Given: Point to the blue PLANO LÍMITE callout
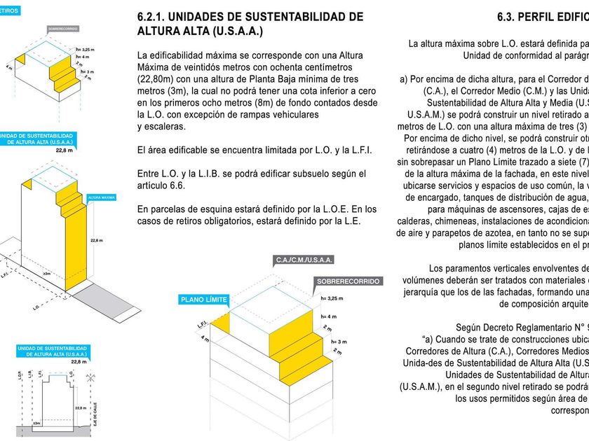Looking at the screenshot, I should [x=204, y=299].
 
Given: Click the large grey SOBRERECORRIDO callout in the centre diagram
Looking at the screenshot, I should [x=348, y=281].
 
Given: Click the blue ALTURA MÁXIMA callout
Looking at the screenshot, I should [x=102, y=198].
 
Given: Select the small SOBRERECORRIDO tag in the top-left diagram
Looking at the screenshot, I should [x=63, y=29].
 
